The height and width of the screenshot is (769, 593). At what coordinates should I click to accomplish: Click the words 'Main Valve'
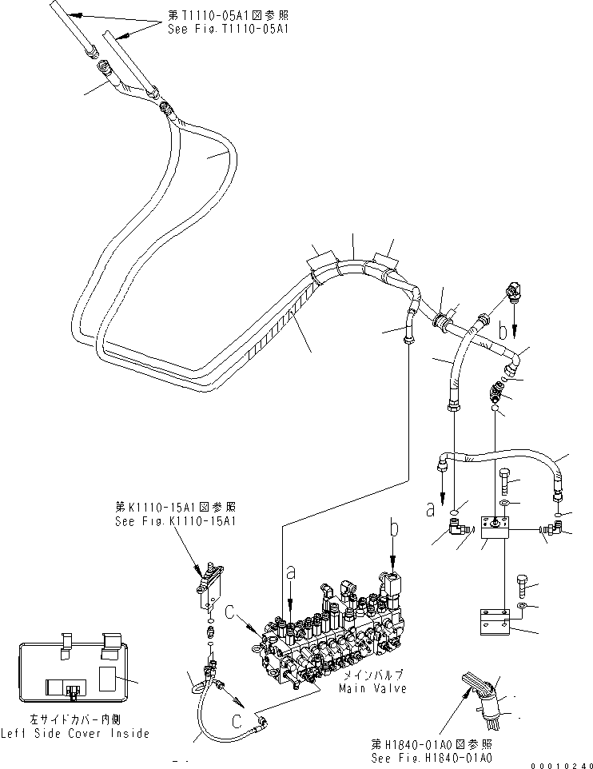point(372,687)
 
